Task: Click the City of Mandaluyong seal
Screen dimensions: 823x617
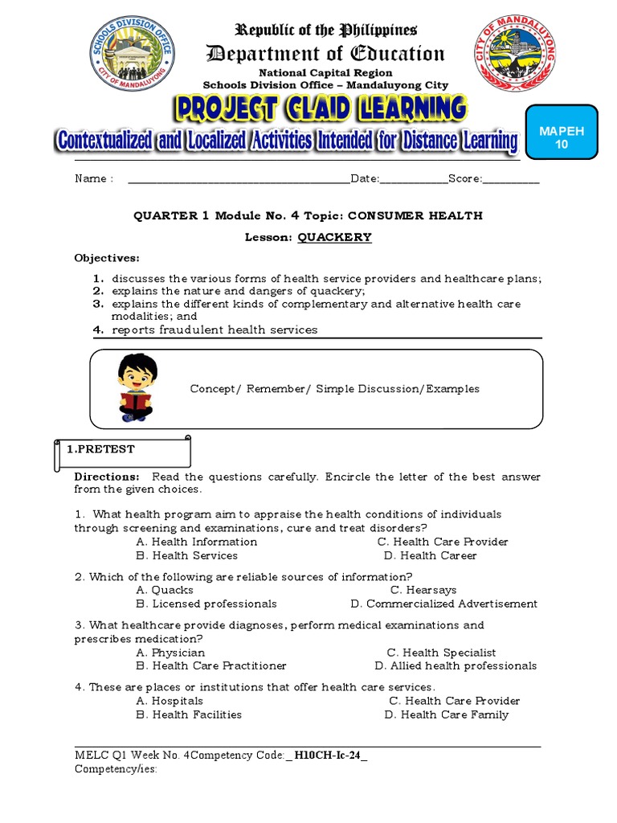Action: (514, 56)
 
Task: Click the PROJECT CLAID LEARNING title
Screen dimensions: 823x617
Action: (319, 109)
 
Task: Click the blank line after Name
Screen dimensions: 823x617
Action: (239, 179)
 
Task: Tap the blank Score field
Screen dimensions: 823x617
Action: (511, 179)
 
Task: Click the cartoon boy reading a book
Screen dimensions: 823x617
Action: (137, 387)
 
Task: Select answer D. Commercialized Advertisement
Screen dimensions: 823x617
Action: (444, 604)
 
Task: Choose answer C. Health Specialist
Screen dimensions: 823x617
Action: (441, 653)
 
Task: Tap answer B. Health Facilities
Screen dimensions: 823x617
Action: (189, 714)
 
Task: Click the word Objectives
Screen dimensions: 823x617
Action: (107, 258)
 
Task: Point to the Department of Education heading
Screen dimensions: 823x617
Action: (325, 54)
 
